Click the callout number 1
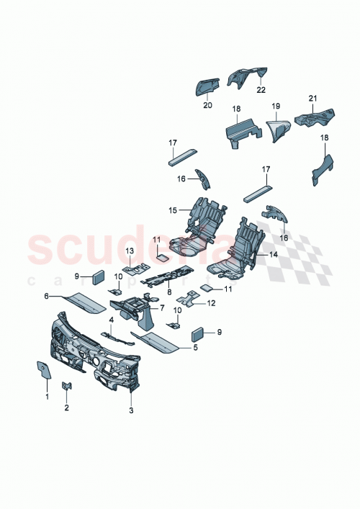tap(48, 397)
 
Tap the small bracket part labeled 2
tap(67, 387)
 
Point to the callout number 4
tap(112, 319)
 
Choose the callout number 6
tap(47, 296)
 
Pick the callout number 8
tap(168, 292)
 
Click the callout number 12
tap(211, 303)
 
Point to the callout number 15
tap(173, 211)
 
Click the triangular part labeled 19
tap(277, 130)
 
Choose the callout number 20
tap(208, 104)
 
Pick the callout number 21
tap(313, 98)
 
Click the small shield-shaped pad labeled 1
tap(42, 369)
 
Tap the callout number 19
tap(275, 106)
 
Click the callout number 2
tap(67, 408)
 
